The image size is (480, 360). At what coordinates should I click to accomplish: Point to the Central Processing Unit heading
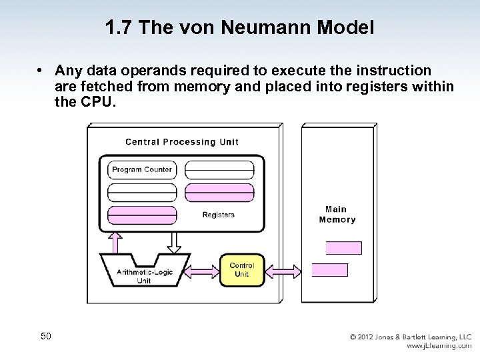click(x=181, y=141)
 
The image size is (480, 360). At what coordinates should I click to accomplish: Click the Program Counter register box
click(x=142, y=169)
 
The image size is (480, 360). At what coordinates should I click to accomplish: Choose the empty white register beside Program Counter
click(x=219, y=169)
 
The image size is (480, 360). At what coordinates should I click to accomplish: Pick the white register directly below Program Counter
click(x=142, y=192)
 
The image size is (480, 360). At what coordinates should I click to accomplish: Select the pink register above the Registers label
click(x=219, y=192)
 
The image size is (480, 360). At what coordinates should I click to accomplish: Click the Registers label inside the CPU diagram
click(x=218, y=215)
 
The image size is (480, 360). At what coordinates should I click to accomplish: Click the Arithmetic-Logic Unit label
click(x=144, y=275)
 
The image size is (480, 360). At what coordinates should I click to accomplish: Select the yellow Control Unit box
click(x=241, y=270)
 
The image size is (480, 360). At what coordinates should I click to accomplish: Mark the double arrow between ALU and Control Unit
click(x=205, y=270)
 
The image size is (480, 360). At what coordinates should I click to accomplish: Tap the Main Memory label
click(x=337, y=215)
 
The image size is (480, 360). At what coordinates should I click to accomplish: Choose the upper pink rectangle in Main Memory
click(x=343, y=248)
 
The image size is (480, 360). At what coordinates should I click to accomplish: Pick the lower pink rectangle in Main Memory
click(x=330, y=270)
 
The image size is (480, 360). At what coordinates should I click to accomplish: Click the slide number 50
click(x=46, y=336)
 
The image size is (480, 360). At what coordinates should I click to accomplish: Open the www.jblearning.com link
click(x=439, y=347)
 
